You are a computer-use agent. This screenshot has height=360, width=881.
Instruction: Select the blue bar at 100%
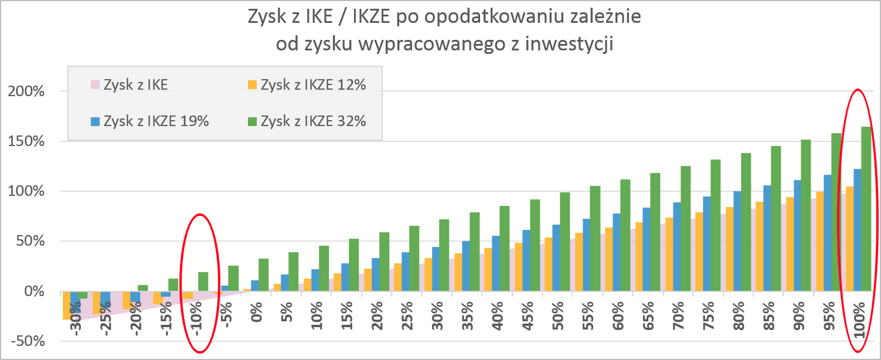[857, 230]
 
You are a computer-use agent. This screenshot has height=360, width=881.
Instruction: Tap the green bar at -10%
[203, 281]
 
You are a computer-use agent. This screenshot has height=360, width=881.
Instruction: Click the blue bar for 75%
[706, 243]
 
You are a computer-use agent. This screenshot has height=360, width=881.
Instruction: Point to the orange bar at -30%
[66, 305]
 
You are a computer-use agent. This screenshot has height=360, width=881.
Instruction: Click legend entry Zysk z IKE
[135, 85]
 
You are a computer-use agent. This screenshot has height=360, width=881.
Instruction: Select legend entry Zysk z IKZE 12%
[313, 85]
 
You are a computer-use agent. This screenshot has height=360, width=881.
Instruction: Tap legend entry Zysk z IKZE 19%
[155, 121]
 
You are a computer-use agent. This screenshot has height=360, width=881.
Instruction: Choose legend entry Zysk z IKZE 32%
[313, 121]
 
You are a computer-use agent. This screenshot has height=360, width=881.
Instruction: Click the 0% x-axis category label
[257, 319]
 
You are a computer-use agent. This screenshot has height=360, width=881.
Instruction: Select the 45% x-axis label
[527, 320]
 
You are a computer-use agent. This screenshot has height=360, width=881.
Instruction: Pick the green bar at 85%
[775, 219]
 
